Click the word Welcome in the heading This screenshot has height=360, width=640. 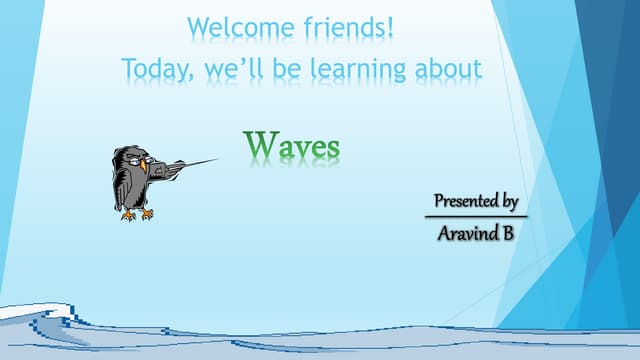[237, 27]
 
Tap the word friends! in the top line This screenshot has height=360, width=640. [344, 27]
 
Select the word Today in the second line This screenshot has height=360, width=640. [156, 69]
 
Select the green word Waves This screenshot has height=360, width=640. [293, 146]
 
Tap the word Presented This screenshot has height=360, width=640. [465, 201]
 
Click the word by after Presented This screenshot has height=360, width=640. [509, 202]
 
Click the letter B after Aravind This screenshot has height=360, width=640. [508, 234]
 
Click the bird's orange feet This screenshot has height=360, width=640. [137, 213]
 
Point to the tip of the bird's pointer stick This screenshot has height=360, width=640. [216, 160]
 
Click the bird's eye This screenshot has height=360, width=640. [132, 157]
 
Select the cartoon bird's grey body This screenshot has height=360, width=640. [128, 185]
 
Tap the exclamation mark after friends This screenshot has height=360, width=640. [391, 27]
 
